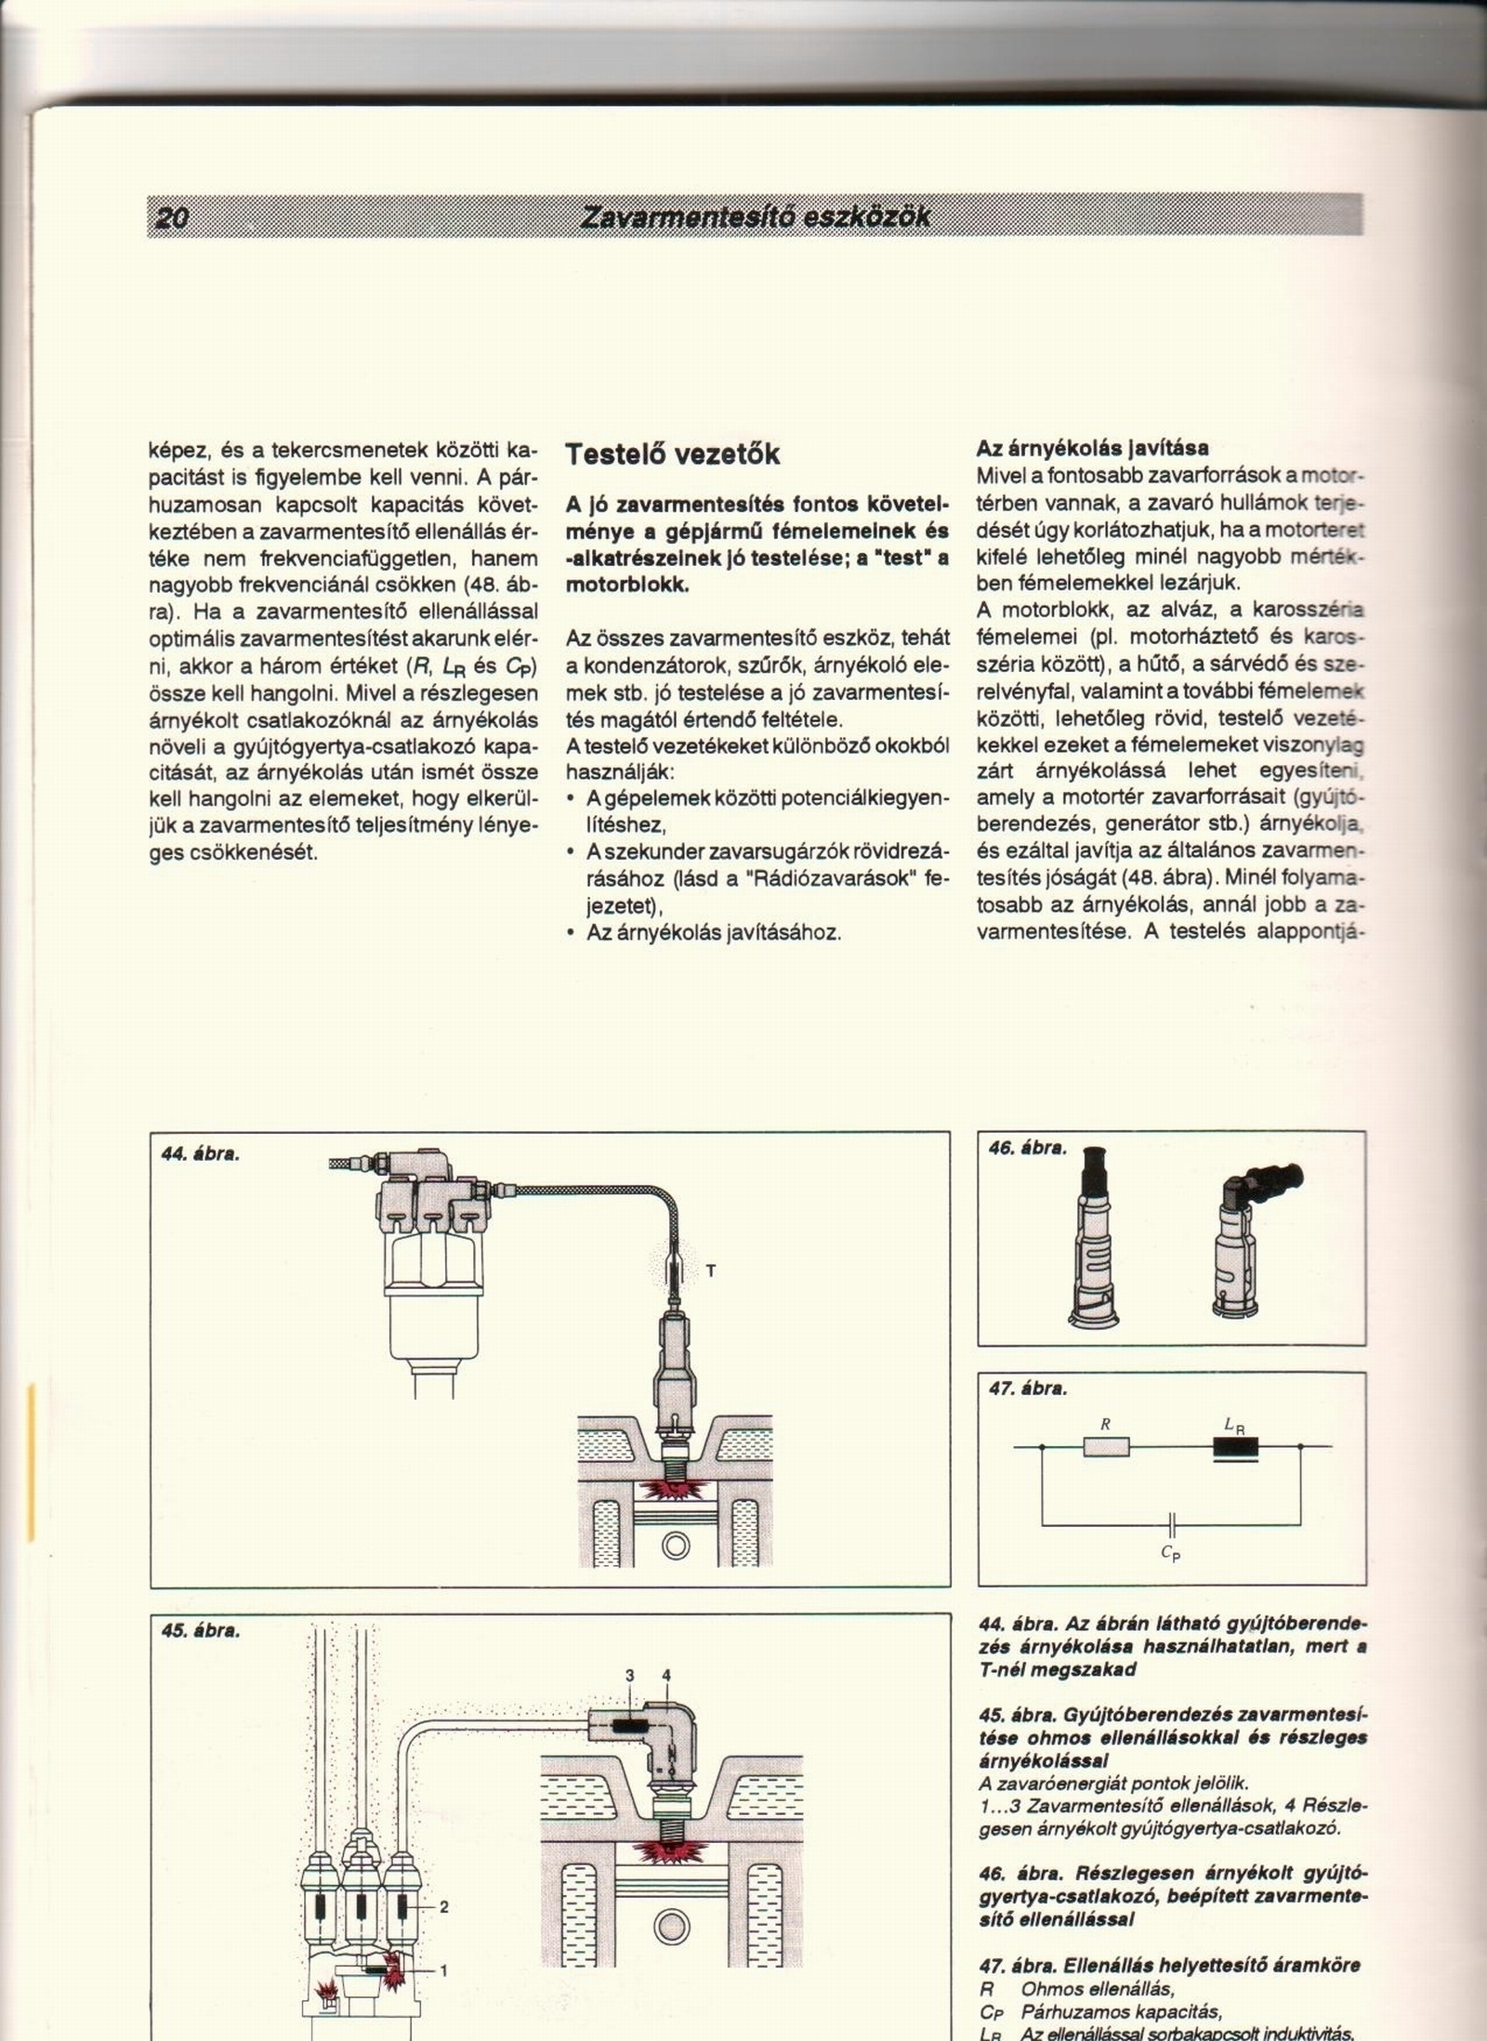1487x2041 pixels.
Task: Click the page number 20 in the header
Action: point(173,218)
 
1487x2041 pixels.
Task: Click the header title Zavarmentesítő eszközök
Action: point(754,217)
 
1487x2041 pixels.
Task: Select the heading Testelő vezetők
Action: point(672,454)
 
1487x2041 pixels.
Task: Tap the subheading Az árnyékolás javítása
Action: point(1092,448)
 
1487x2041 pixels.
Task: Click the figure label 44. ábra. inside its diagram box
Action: point(200,1154)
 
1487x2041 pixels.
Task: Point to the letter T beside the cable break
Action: point(711,1271)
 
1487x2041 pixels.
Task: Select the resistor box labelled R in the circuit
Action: point(1106,1446)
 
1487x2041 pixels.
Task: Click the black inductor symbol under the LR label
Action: point(1235,1447)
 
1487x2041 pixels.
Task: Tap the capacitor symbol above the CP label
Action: point(1172,1524)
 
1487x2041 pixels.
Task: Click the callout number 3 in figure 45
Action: point(629,1676)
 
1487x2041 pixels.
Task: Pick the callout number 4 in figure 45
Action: point(665,1676)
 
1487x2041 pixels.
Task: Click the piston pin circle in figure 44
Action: point(676,1546)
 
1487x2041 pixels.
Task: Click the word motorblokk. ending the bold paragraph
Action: point(627,586)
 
